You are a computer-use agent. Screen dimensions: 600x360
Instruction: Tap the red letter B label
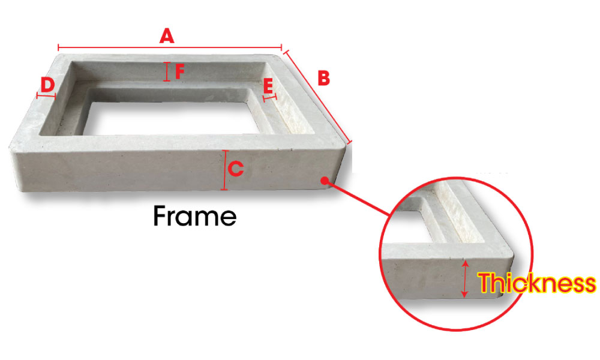(x=324, y=78)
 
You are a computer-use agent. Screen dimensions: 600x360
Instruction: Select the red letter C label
(x=236, y=169)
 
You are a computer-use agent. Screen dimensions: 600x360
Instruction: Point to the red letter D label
(x=47, y=85)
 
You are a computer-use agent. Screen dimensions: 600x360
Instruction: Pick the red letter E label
(x=268, y=86)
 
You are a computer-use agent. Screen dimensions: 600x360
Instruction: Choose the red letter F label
(x=180, y=71)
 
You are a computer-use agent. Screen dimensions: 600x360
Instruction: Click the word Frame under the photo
(x=195, y=216)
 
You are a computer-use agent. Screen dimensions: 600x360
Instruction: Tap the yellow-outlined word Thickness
(x=537, y=283)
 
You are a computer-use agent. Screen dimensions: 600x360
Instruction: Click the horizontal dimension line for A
(x=170, y=48)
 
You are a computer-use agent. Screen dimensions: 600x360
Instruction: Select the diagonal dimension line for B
(x=318, y=98)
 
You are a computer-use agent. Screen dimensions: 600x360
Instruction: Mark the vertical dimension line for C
(x=224, y=170)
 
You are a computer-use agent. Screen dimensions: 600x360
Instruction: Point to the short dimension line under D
(x=46, y=95)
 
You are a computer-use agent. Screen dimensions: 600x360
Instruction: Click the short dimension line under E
(x=270, y=98)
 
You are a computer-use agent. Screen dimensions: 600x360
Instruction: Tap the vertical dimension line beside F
(x=166, y=71)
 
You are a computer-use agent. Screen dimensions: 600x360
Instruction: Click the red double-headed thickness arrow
(x=464, y=279)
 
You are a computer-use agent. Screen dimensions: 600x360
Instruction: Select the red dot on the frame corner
(x=325, y=181)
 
